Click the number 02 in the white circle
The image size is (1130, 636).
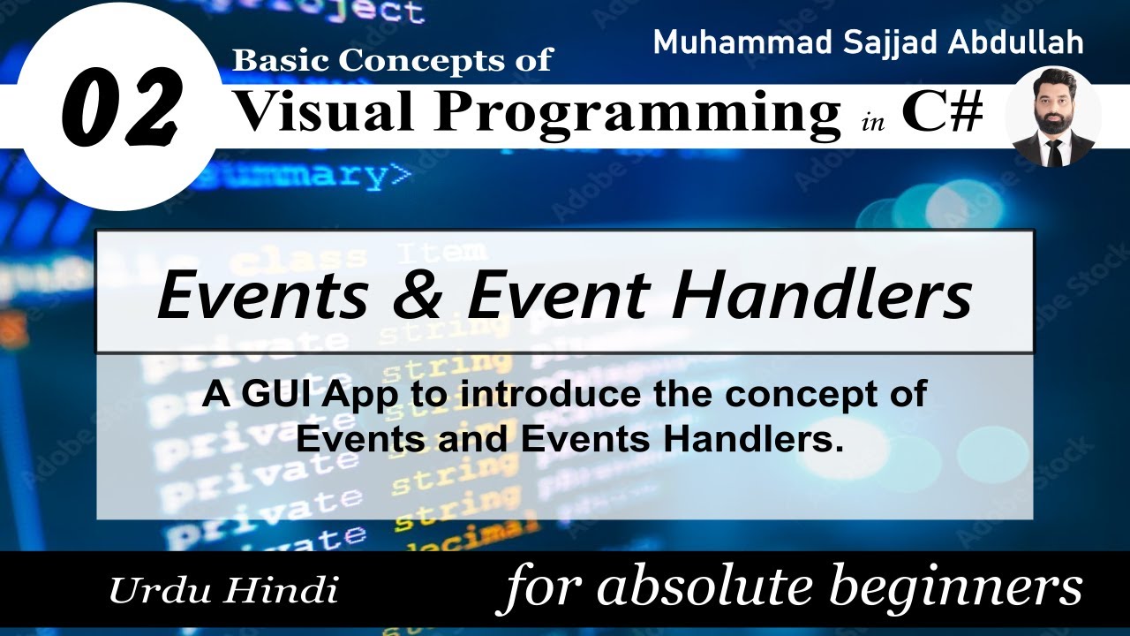tap(122, 110)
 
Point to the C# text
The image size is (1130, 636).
tap(942, 112)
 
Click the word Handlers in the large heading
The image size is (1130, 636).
tap(821, 295)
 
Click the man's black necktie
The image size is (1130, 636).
tap(1054, 152)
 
